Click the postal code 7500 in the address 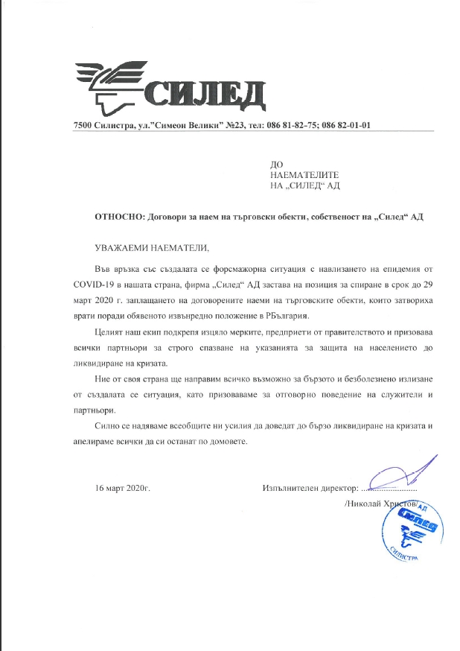pyautogui.click(x=84, y=126)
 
